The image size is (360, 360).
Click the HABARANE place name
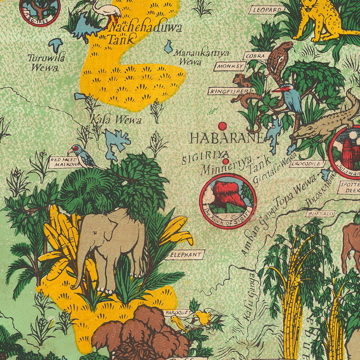[x=226, y=138]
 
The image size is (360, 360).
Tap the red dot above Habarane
[x=222, y=126]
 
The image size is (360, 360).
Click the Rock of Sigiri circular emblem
[x=228, y=201]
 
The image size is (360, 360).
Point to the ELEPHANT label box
[x=184, y=254]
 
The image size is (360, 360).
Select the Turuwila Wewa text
[x=46, y=62]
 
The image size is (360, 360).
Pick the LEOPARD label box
[x=266, y=10]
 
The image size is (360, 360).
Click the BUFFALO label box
[x=320, y=214]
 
